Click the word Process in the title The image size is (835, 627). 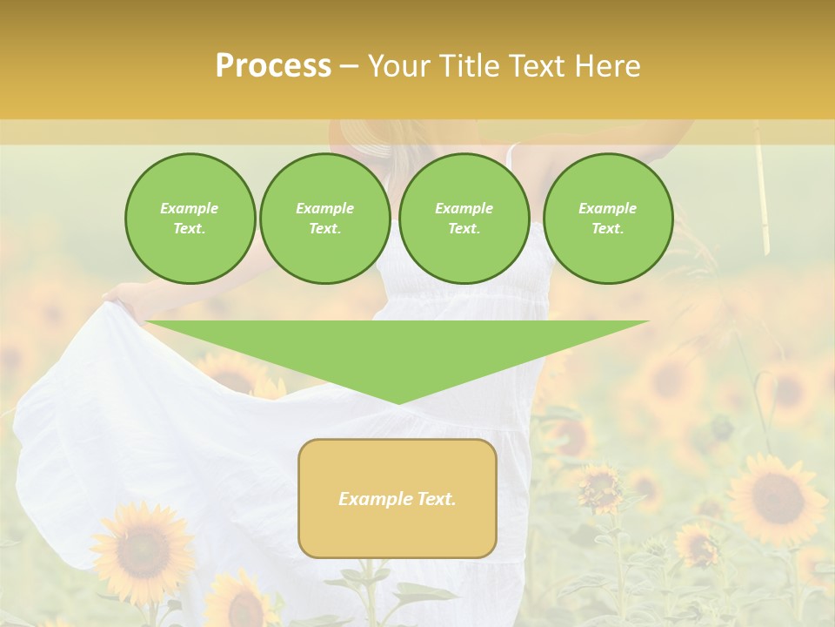coord(273,66)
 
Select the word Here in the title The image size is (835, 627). coord(605,66)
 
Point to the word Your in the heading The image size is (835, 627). coord(400,66)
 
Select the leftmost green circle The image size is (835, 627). coord(190,219)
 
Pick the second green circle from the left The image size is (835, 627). coord(324,219)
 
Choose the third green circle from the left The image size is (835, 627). coord(464,219)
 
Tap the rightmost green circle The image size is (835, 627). coord(607,219)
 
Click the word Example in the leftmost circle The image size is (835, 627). coord(190,208)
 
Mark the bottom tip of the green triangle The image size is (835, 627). coord(398,402)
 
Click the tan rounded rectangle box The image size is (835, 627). coord(397,498)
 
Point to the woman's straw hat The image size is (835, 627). coord(361,139)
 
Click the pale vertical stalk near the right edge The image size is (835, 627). coord(761,187)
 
